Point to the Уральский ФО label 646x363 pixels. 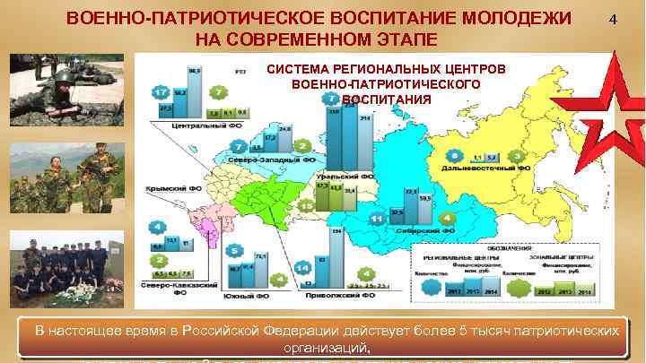pos(345,178)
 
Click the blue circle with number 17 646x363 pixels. pos(161,93)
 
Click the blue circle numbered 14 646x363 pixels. pos(301,266)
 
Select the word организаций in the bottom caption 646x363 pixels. pos(326,348)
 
